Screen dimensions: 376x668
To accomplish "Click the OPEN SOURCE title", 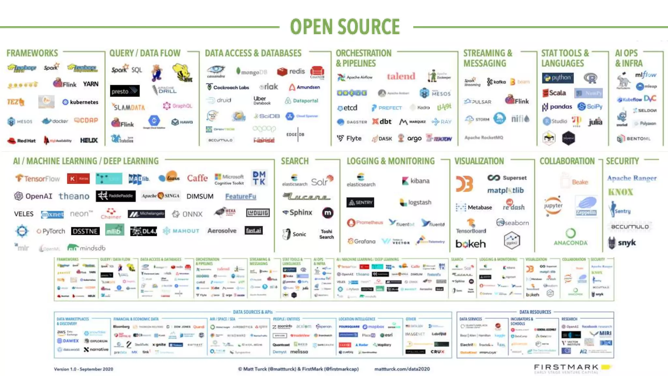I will (345, 27).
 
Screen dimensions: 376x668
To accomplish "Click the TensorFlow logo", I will (38, 179).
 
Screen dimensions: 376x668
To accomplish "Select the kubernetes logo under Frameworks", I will (80, 102).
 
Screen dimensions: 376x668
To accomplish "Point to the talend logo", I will (401, 76).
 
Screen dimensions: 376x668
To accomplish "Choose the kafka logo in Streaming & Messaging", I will (496, 82).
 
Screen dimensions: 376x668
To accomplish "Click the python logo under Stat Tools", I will (558, 78).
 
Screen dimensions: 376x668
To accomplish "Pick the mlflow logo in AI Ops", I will (645, 75).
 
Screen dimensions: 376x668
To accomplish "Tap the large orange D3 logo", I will (464, 184).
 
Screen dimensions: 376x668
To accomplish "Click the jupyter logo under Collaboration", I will (553, 206).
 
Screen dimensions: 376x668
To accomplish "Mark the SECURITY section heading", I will (622, 161).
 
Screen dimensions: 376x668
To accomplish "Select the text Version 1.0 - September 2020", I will (83, 369).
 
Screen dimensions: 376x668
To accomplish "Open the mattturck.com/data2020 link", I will (402, 369).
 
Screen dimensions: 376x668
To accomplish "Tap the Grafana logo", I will (361, 241).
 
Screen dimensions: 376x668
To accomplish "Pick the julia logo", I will (595, 122).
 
